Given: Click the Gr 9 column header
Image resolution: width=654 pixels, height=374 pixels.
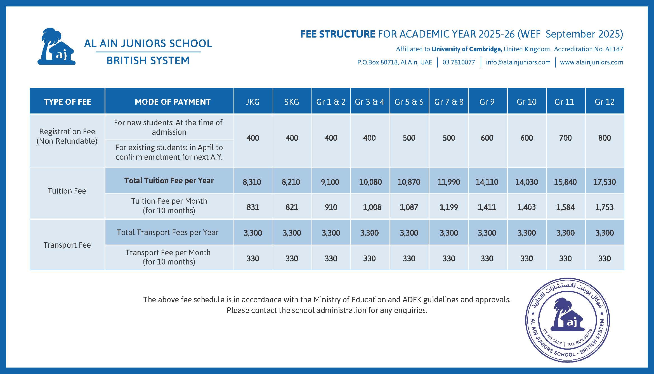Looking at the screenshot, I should pyautogui.click(x=487, y=102).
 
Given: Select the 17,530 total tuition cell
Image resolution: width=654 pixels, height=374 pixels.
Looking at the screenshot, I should pyautogui.click(x=604, y=182).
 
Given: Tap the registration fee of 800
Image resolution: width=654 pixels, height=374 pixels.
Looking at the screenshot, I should pyautogui.click(x=604, y=138).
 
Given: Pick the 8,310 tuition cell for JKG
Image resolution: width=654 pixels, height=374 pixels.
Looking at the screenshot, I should pyautogui.click(x=252, y=182).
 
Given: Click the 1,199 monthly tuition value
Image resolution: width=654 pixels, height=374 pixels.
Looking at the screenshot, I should pyautogui.click(x=448, y=207).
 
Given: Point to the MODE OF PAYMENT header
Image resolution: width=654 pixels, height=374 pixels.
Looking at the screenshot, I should pyautogui.click(x=173, y=102).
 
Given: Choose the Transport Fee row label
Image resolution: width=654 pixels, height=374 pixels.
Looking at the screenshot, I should pyautogui.click(x=67, y=245).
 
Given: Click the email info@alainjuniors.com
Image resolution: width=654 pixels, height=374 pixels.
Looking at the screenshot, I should pyautogui.click(x=518, y=62).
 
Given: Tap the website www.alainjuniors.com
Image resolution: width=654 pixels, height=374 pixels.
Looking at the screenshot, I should pyautogui.click(x=591, y=62).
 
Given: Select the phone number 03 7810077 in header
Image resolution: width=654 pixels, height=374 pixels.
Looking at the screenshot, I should pyautogui.click(x=459, y=62).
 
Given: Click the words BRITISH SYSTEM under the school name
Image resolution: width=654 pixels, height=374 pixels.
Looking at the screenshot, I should pyautogui.click(x=148, y=61).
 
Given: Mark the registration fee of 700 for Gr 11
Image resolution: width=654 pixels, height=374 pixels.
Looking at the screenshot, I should pyautogui.click(x=565, y=138).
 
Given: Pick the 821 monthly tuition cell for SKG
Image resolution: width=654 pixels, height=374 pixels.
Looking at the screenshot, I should pyautogui.click(x=292, y=207).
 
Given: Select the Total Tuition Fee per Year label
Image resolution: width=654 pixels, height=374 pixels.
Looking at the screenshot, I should pyautogui.click(x=169, y=181).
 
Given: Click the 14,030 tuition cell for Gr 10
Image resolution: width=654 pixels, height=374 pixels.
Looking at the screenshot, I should pyautogui.click(x=526, y=182).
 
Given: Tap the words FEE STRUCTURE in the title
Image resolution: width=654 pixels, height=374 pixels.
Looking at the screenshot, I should pyautogui.click(x=337, y=34).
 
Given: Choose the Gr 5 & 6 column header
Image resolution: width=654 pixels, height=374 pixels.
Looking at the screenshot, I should pyautogui.click(x=409, y=102).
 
